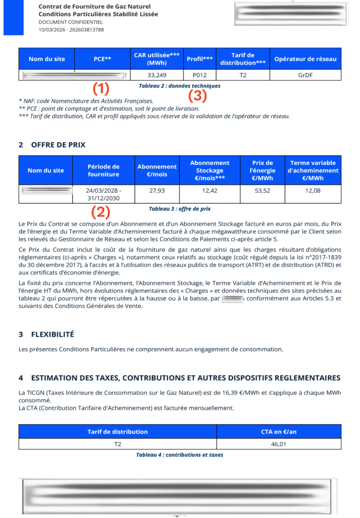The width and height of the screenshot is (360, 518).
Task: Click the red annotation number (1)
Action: coord(101,89)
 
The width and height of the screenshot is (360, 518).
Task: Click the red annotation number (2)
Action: coord(101,211)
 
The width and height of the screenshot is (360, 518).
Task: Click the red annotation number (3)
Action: coord(197,95)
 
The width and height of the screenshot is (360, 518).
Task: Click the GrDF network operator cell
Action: coord(305,75)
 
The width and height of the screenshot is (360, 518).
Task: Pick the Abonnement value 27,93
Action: coord(157,191)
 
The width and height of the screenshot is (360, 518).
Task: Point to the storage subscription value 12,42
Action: coord(210,191)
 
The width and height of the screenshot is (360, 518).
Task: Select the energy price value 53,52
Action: coord(262,191)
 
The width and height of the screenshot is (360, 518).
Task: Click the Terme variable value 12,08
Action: coord(313,191)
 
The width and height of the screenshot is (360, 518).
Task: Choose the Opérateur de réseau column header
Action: coord(305,59)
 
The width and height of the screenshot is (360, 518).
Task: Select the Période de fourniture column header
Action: coord(103,170)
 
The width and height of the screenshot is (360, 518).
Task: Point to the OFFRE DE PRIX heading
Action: coord(58,145)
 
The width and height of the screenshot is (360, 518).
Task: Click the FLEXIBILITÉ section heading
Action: coord(53,334)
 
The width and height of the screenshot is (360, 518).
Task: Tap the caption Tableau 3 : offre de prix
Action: coord(180,208)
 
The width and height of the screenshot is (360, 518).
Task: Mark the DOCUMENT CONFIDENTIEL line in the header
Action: coord(70,22)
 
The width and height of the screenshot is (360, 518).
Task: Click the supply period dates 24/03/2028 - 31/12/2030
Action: coord(103,194)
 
